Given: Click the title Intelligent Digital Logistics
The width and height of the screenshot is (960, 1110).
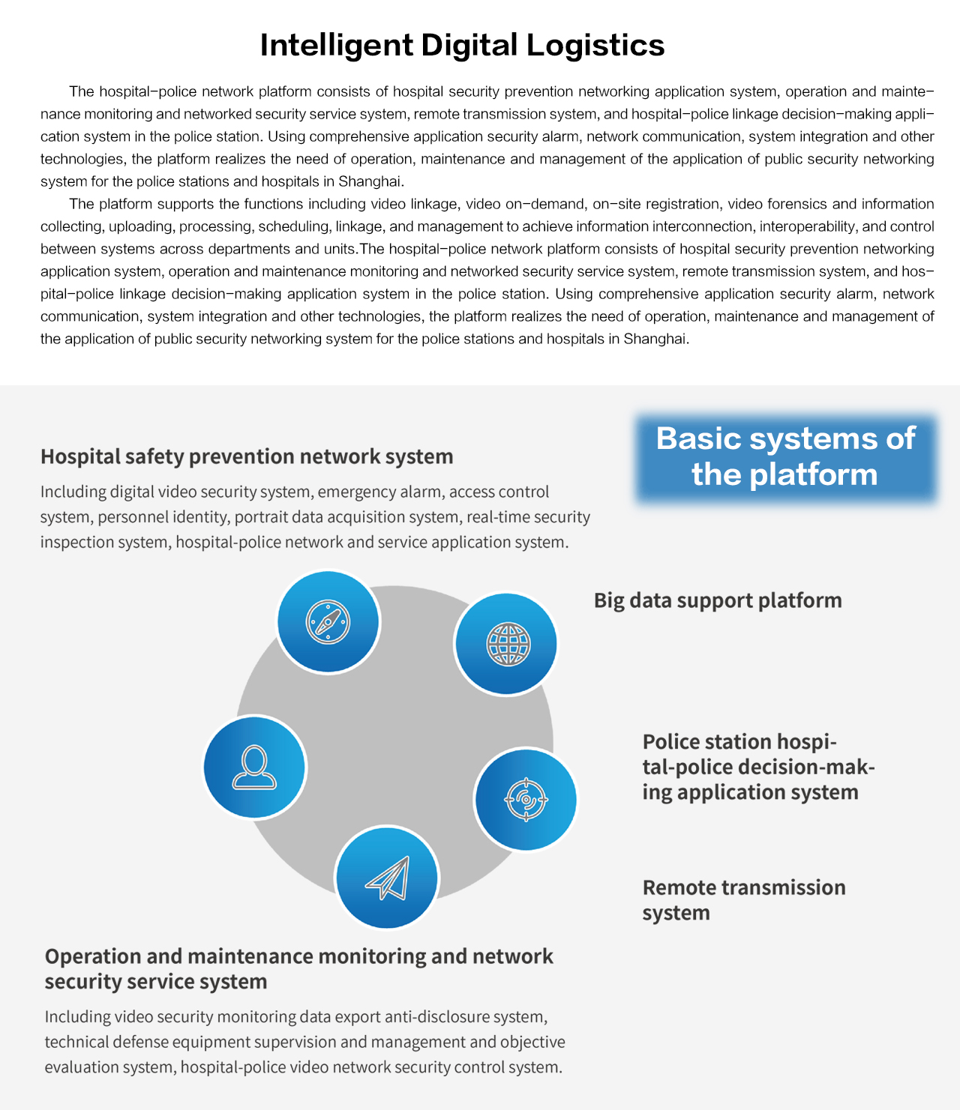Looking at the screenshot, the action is [x=462, y=45].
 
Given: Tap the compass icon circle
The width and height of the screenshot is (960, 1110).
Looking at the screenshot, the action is [x=328, y=621].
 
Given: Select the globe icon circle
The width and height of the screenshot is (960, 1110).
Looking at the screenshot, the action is [x=505, y=644].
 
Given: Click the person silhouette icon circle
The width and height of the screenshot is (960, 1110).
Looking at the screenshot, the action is [x=254, y=767].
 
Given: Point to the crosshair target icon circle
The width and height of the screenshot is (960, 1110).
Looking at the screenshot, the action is [x=526, y=800].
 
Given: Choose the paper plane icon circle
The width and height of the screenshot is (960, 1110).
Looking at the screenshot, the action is [x=387, y=878].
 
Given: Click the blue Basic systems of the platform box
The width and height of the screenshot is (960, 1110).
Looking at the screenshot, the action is [x=786, y=458].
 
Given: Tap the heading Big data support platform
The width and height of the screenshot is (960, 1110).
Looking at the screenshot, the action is [x=718, y=600].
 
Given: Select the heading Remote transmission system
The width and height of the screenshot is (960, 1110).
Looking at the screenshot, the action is [x=744, y=900].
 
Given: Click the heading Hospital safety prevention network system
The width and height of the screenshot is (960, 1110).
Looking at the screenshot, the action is [x=247, y=456].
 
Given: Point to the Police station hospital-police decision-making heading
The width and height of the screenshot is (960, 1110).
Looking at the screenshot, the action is [x=758, y=767].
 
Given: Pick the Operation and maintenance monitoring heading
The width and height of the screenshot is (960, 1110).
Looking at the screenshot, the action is [x=298, y=968].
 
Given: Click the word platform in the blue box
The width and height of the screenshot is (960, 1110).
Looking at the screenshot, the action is [x=813, y=475].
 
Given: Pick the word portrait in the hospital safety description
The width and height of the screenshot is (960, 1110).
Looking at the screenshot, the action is [x=255, y=516].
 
